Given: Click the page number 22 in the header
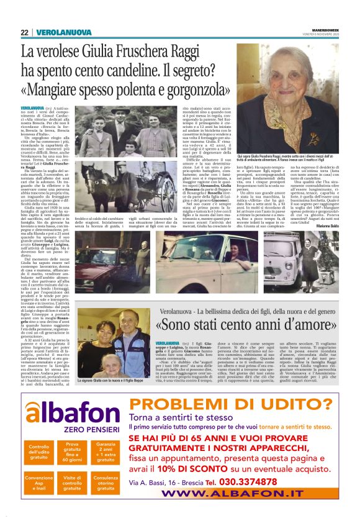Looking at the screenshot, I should point(24,32).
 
